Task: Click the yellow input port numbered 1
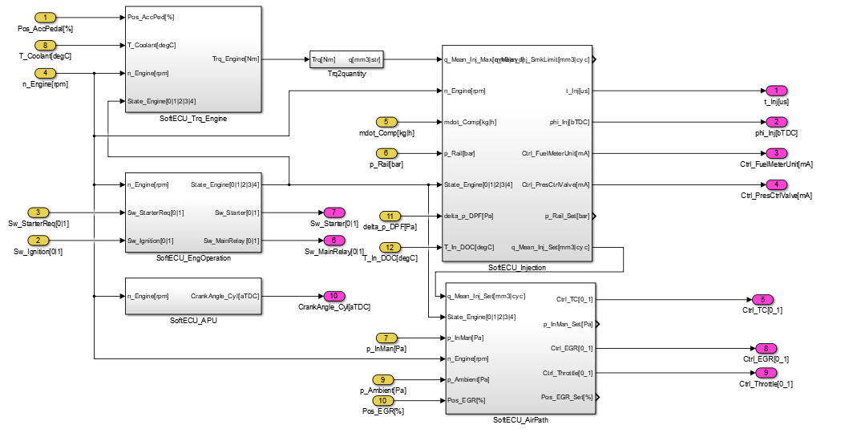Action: (46, 18)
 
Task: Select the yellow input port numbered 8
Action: (46, 45)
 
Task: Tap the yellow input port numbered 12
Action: (390, 247)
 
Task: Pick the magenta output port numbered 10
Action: (334, 296)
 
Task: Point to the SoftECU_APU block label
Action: (193, 321)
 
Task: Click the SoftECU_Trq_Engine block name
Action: (193, 119)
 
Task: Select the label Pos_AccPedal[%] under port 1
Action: (46, 29)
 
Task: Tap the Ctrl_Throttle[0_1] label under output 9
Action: (766, 384)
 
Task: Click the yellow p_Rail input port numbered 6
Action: (390, 152)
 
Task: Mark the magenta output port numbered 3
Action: (776, 153)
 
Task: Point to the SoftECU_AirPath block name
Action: (520, 420)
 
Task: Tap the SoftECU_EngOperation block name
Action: (193, 258)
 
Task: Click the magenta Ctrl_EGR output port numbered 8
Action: (766, 348)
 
